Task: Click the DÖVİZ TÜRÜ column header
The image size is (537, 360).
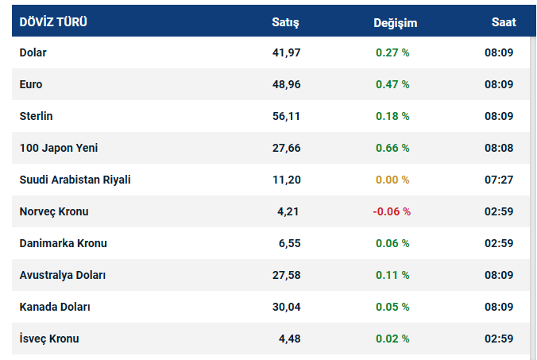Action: coord(53,22)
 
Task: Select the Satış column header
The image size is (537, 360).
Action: coord(286,22)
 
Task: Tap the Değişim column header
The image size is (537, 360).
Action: coord(395,22)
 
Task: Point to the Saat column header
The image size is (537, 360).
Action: coord(503,22)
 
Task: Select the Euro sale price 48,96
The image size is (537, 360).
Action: coord(286,84)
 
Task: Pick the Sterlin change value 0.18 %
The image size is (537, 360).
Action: coord(392,116)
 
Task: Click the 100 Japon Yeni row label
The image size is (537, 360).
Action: coord(59,148)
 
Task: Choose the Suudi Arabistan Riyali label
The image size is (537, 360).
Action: coord(75,180)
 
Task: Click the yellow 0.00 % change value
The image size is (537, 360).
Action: coord(392,180)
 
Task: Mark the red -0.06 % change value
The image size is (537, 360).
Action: coord(391,211)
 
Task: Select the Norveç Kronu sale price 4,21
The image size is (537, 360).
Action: coord(289,211)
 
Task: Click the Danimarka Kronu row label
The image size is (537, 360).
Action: coord(63,243)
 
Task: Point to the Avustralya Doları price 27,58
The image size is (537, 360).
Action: coord(286,275)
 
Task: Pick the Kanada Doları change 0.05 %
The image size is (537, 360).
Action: coord(392,307)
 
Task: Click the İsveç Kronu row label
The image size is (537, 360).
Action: coord(49,339)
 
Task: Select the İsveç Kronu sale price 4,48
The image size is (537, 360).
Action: coord(289,339)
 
